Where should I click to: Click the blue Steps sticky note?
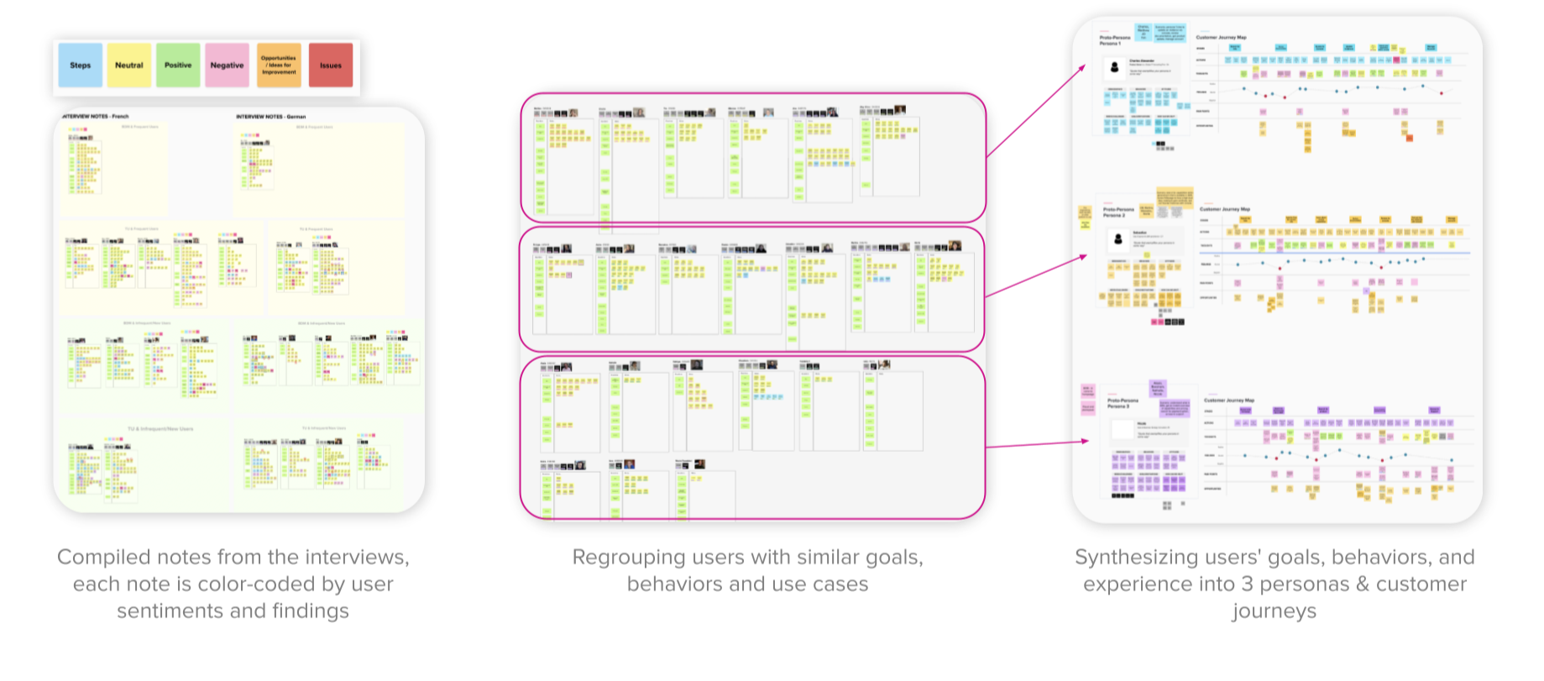[x=81, y=65]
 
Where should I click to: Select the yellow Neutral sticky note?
[x=129, y=65]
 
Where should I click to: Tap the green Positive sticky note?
[x=178, y=65]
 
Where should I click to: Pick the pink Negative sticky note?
[x=227, y=65]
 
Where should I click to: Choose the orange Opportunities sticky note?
[x=279, y=65]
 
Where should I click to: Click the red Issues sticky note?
[x=331, y=65]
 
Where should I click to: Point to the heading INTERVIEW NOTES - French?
[x=96, y=117]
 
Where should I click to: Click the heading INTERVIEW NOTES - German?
[x=271, y=117]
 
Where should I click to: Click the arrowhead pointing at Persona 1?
[x=1083, y=66]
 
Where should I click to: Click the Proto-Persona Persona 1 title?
[x=1115, y=39]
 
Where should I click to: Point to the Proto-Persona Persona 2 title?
[x=1118, y=212]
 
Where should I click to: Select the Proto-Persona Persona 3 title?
[x=1123, y=403]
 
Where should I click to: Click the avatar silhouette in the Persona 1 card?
[x=1115, y=67]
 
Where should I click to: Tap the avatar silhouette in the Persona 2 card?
[x=1118, y=239]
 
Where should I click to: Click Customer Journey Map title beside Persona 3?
[x=1229, y=401]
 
